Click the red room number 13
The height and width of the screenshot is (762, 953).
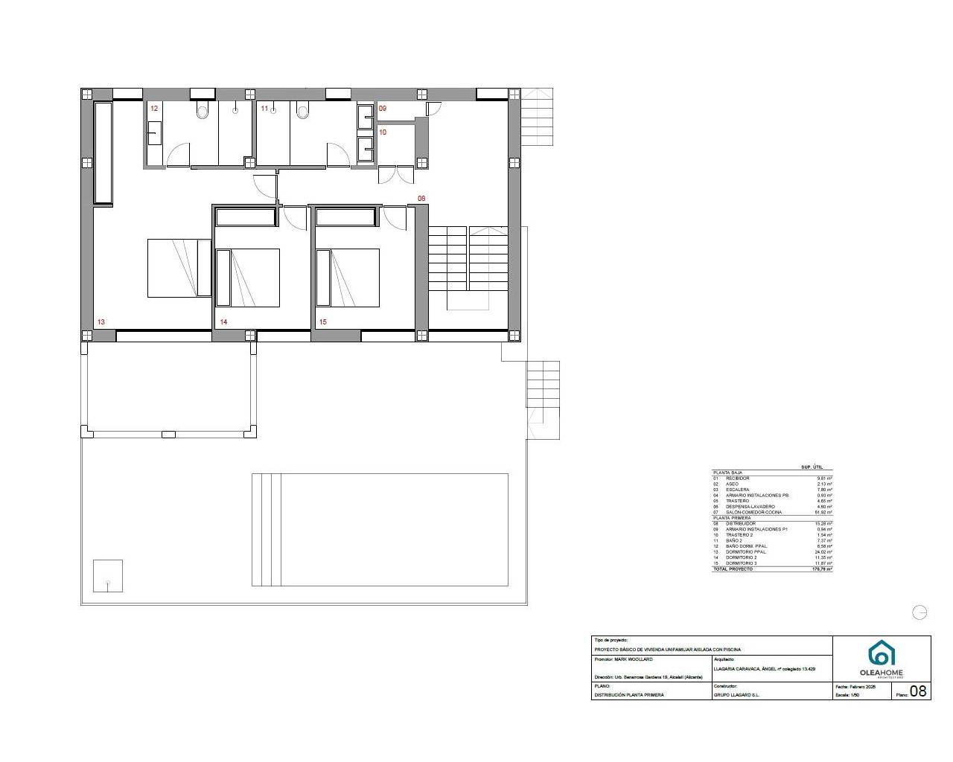(101, 322)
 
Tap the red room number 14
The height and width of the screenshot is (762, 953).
(223, 322)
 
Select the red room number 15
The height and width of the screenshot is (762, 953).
(322, 322)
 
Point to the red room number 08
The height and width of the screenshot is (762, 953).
(421, 199)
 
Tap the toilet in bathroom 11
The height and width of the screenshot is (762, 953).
(302, 112)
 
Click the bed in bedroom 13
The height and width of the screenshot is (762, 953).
(179, 268)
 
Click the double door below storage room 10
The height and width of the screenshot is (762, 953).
(395, 174)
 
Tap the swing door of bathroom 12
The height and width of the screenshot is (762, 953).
(177, 156)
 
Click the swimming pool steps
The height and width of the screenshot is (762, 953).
(266, 529)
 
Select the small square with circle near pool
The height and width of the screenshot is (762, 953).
(108, 576)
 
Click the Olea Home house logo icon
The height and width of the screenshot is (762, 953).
(882, 653)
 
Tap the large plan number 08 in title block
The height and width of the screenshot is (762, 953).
(919, 691)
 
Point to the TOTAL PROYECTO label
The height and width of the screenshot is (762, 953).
(733, 569)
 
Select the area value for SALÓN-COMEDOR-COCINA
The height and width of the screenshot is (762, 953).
(823, 513)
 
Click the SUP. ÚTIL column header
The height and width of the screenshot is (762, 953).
(811, 467)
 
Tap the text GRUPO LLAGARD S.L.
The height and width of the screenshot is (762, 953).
(736, 695)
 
